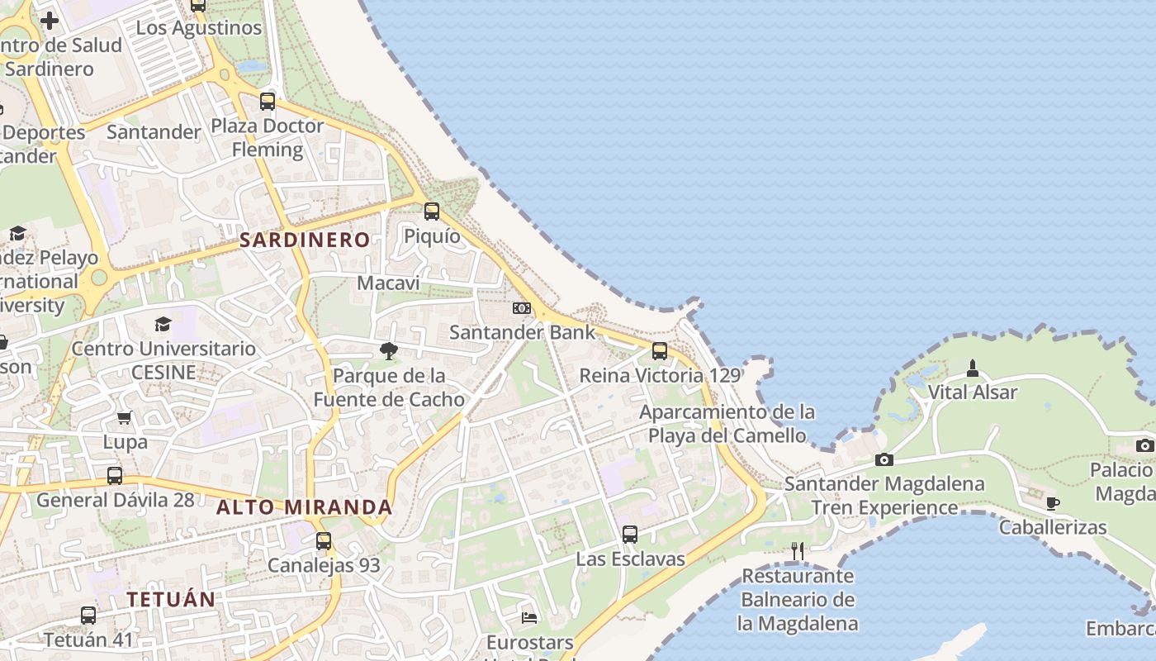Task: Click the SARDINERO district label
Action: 305,240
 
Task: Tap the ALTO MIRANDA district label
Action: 304,507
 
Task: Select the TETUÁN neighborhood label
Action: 171,599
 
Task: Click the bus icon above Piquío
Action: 432,212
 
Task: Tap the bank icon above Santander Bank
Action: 522,308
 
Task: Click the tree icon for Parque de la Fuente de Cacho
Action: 388,352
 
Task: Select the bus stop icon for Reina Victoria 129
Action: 660,351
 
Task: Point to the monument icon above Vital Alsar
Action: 973,368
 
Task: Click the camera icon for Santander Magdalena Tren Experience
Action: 884,459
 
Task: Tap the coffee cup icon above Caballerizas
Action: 1052,502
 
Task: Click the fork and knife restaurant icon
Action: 797,551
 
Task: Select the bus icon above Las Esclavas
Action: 630,535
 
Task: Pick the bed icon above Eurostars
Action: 529,617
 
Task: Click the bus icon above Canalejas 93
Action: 324,541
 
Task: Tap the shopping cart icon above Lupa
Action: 125,417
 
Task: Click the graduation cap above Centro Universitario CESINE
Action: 163,324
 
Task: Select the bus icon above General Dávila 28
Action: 115,476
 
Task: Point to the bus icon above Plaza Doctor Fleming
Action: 268,102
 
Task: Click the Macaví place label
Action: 388,283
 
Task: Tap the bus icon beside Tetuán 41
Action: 88,616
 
